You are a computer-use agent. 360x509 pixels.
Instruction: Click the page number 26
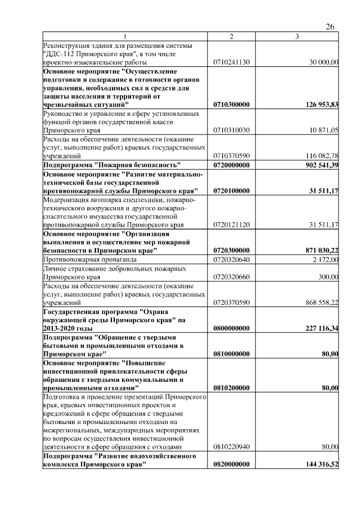pyautogui.click(x=330, y=27)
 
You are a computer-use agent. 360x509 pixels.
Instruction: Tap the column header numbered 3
pyautogui.click(x=297, y=37)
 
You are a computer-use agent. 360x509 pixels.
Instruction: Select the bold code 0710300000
pyautogui.click(x=231, y=105)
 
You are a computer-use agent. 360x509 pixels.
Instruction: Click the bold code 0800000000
pyautogui.click(x=231, y=328)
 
